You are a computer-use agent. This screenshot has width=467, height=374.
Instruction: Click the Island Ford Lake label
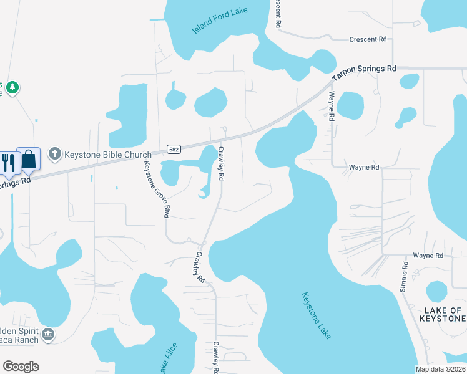(216, 19)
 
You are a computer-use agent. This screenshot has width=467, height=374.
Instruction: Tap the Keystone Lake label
(316, 315)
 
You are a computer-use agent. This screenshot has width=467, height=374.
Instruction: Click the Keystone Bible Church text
(109, 155)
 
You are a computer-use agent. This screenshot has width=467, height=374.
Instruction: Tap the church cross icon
(55, 154)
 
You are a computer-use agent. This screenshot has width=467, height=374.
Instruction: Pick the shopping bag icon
(29, 159)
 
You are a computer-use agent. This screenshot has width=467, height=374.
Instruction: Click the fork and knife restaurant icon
(8, 163)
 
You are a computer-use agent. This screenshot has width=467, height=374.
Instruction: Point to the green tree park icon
(12, 87)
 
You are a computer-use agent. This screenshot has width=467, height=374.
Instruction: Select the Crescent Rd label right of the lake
(368, 39)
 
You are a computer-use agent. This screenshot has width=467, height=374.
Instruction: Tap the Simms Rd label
(405, 274)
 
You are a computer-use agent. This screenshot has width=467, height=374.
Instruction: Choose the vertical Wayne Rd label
(332, 107)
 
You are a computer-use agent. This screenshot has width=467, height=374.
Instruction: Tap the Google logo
(21, 366)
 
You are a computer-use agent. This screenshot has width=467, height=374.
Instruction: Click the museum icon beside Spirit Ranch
(48, 335)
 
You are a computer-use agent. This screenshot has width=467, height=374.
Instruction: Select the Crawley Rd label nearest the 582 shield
(220, 165)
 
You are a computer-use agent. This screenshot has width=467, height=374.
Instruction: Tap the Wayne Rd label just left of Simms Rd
(427, 256)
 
